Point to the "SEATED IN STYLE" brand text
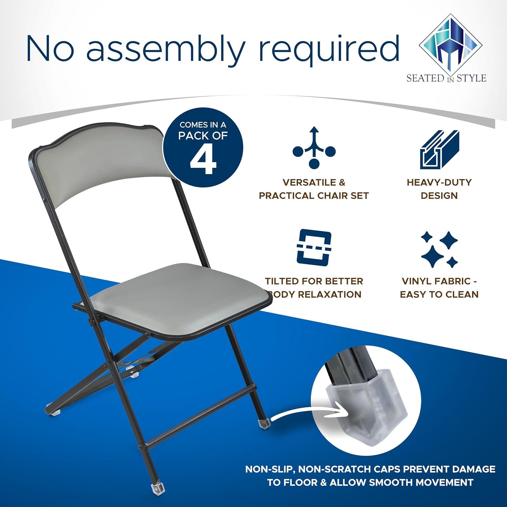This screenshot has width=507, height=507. click(446, 78)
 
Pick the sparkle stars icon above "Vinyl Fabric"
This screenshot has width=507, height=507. click(439, 249)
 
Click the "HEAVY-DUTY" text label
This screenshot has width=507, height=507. click(439, 183)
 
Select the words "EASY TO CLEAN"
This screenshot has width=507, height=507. click(439, 294)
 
